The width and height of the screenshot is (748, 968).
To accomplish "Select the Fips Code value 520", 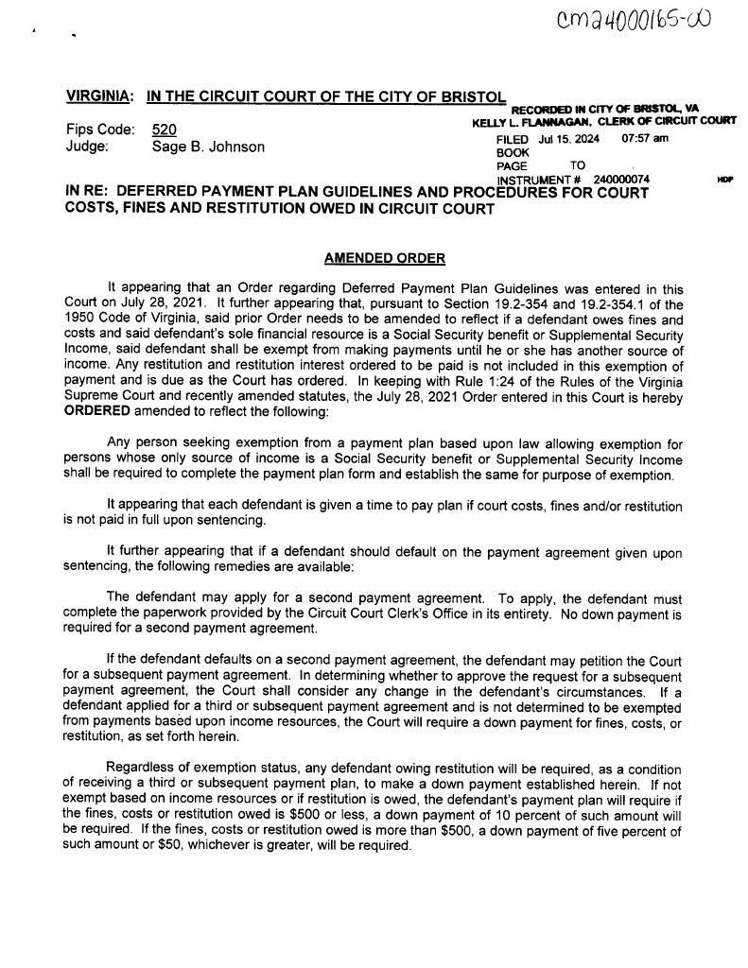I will coord(165,129).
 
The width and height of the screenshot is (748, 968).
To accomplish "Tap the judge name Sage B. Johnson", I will coord(208,147).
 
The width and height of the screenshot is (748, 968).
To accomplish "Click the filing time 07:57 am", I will coord(645,138).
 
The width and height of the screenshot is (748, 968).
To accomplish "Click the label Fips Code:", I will coord(99,129).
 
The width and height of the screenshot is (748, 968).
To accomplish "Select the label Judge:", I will coord(87,147).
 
